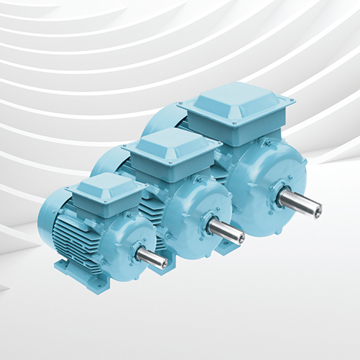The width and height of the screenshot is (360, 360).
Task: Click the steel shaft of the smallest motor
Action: (x=153, y=257)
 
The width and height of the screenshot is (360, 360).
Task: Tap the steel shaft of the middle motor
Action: (x=228, y=231)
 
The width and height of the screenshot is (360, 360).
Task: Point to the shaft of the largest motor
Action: (x=302, y=204)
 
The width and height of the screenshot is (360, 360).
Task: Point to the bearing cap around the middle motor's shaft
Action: (x=212, y=225)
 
